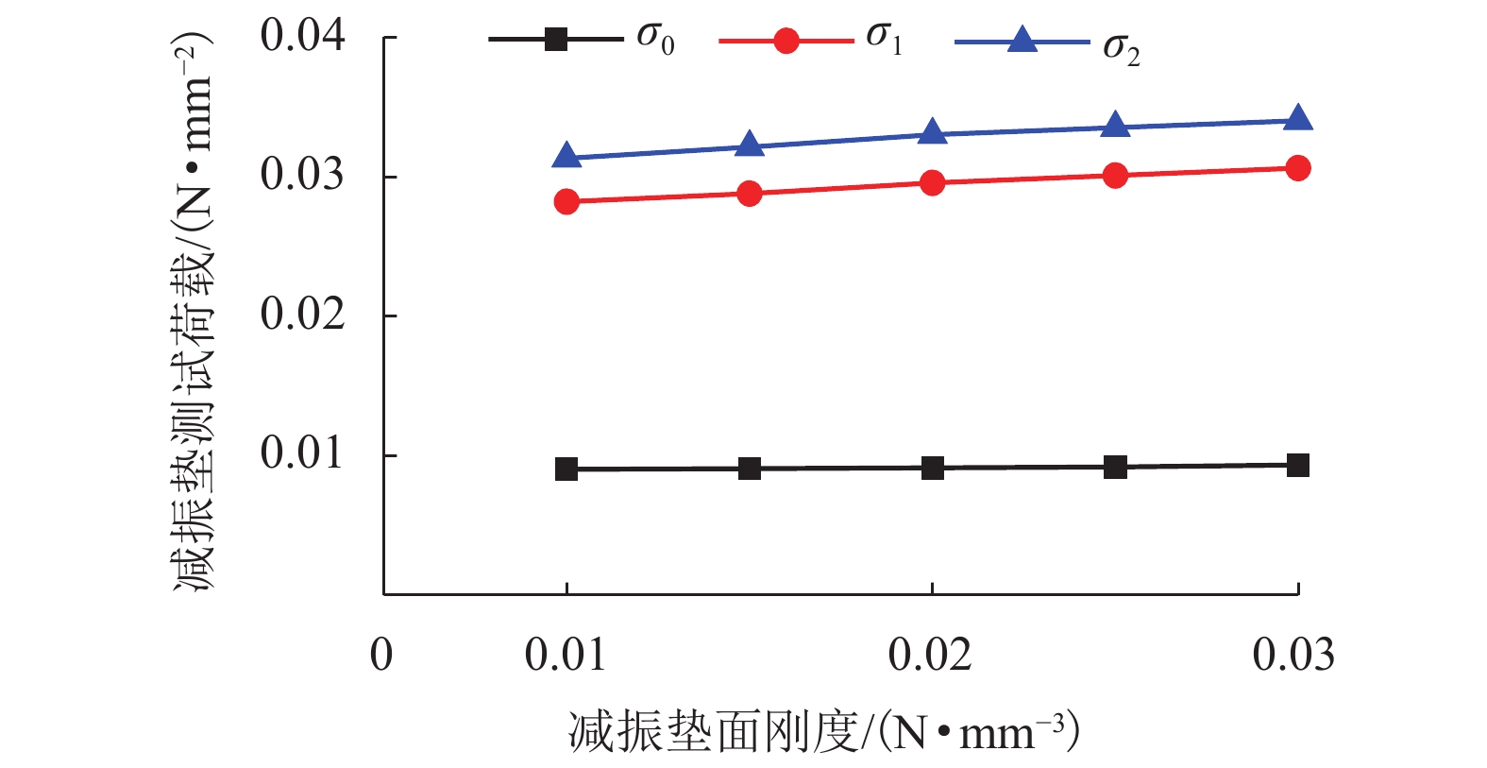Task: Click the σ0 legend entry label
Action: [x=655, y=39]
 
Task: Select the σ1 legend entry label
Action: [x=884, y=39]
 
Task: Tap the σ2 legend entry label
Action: [x=1121, y=48]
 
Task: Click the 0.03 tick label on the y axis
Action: [x=303, y=175]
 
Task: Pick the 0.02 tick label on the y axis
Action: [x=303, y=314]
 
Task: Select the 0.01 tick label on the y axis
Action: [x=303, y=453]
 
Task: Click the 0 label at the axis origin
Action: [x=381, y=655]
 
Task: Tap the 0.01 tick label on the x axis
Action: [x=566, y=655]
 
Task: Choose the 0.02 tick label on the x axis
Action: [x=930, y=655]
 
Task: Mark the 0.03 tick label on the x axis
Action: [x=1293, y=655]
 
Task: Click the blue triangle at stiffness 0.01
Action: [x=566, y=156]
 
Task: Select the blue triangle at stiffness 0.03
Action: [x=1298, y=119]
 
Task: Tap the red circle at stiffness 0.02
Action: [x=933, y=182]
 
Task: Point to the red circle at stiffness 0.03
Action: [x=1298, y=168]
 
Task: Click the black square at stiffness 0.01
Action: [x=566, y=469]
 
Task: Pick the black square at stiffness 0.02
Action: [x=933, y=468]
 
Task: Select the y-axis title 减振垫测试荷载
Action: [x=194, y=312]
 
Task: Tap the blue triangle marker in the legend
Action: [x=1022, y=41]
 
